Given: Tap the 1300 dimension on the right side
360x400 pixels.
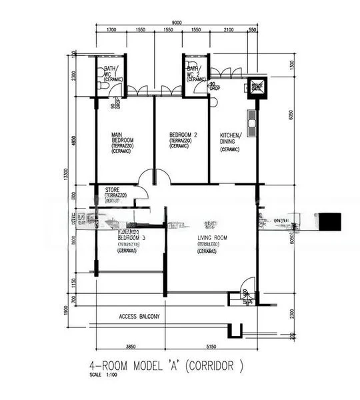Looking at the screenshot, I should click(x=291, y=64).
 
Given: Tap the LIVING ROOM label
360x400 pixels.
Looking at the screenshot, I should click(x=212, y=238).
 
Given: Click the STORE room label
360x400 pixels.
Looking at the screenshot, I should click(x=112, y=190).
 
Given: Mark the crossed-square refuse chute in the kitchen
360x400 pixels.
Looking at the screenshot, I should click(x=257, y=86).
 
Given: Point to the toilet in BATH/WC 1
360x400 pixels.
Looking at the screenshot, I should click(x=101, y=85).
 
